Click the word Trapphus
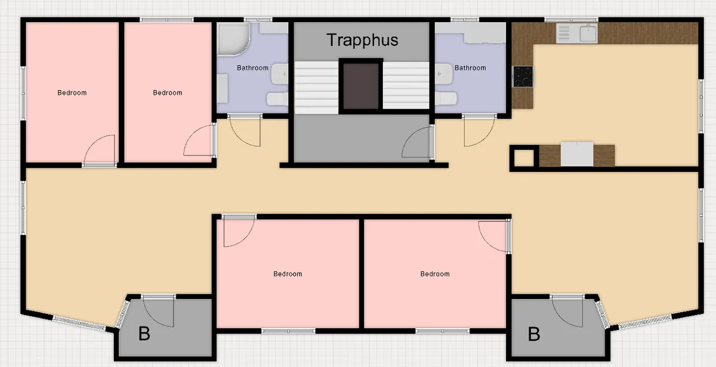point(363,41)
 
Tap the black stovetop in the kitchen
point(523,76)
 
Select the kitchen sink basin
point(588,33)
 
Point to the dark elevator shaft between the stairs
point(361,87)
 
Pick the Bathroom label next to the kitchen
point(470,68)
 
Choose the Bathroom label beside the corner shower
point(252,68)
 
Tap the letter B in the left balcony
point(144,334)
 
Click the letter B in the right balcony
point(534,334)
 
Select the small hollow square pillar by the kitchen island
point(524,158)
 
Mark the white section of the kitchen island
point(577,154)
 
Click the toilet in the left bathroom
point(277,99)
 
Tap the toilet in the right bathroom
point(446,98)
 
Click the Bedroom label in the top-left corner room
point(72,92)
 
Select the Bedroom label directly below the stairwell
point(288,274)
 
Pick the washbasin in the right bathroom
point(443,74)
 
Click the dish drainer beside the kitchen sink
point(564,33)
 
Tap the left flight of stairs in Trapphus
point(316,88)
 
